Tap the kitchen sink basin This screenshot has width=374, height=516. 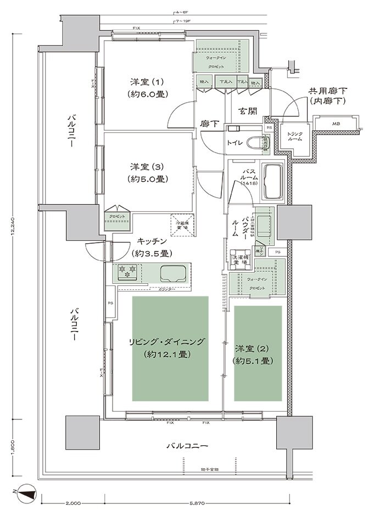click(x=173, y=272)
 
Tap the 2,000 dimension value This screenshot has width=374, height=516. click(x=73, y=503)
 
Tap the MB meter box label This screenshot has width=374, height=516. click(x=335, y=124)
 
